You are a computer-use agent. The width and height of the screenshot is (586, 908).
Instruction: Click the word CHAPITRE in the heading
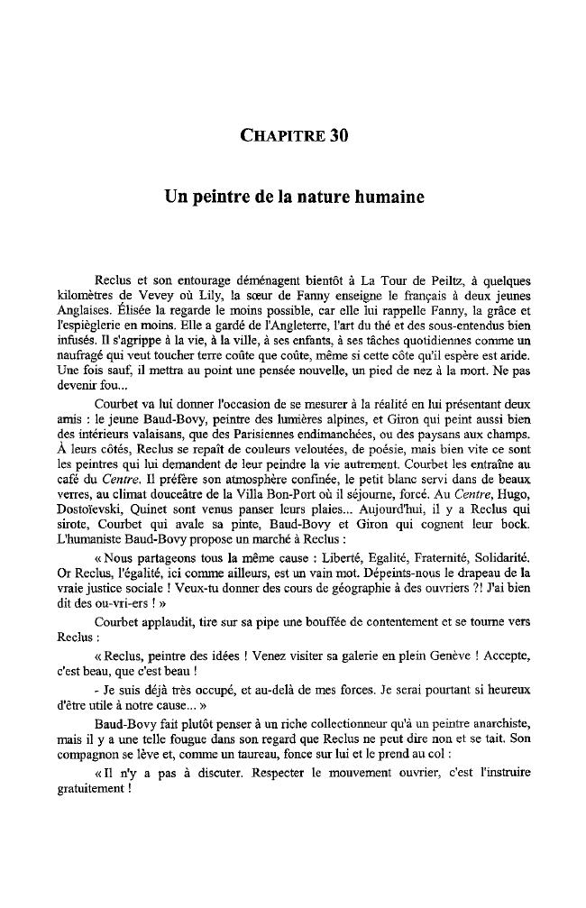pos(282,137)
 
